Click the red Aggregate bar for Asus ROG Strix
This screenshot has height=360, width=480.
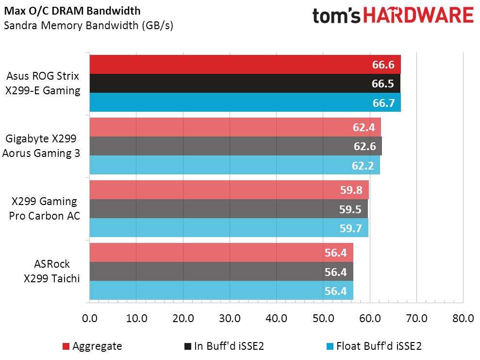click(245, 65)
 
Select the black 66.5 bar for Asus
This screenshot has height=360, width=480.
click(245, 84)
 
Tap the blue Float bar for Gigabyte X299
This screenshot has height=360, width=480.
click(234, 165)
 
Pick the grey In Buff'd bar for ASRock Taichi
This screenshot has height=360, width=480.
click(221, 272)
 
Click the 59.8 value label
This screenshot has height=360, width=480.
click(350, 190)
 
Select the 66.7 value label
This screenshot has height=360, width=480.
click(383, 103)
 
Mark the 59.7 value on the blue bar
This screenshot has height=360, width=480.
click(350, 228)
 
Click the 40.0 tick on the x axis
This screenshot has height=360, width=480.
click(276, 319)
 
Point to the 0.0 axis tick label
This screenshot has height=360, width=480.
click(90, 319)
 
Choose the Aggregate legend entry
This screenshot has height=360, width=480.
click(92, 346)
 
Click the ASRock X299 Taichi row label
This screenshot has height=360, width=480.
click(52, 272)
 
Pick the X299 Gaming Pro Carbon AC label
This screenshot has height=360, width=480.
click(43, 209)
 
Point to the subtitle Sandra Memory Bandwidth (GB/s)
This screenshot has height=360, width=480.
click(88, 25)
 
